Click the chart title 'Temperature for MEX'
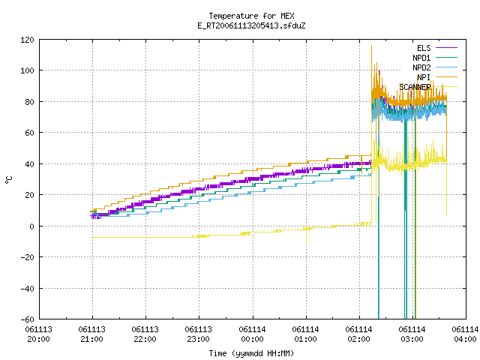pyautogui.click(x=251, y=16)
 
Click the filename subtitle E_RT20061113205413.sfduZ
pyautogui.click(x=251, y=25)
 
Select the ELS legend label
pyautogui.click(x=424, y=48)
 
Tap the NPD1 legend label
pyautogui.click(x=421, y=58)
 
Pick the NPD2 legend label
pyautogui.click(x=421, y=67)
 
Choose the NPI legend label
pyautogui.click(x=424, y=77)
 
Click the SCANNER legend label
pyautogui.click(x=415, y=87)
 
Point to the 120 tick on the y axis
pyautogui.click(x=27, y=40)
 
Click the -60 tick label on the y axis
pyautogui.click(x=27, y=319)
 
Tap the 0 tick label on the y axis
pyautogui.click(x=31, y=226)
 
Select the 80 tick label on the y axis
pyautogui.click(x=29, y=102)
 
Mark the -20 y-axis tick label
pyautogui.click(x=27, y=257)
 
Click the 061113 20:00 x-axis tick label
pyautogui.click(x=38, y=334)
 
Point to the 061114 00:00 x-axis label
pyautogui.click(x=252, y=334)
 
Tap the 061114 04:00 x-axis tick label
pyautogui.click(x=465, y=334)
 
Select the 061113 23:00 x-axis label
pyautogui.click(x=198, y=334)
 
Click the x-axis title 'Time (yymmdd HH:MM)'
pyautogui.click(x=251, y=353)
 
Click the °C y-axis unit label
pyautogui.click(x=9, y=180)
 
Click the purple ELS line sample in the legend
pyautogui.click(x=446, y=48)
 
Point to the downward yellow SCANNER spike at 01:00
pyautogui.click(x=307, y=236)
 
